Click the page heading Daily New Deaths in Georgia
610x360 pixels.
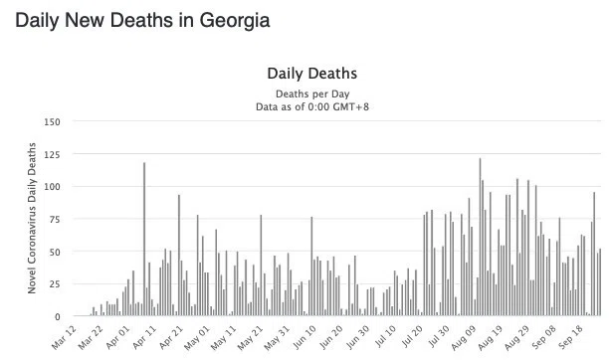(x=142, y=20)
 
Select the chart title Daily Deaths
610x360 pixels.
(x=312, y=74)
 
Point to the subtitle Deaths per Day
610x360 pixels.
(x=312, y=94)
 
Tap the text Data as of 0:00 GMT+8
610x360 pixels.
(x=312, y=106)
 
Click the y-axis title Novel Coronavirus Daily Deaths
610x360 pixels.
(x=32, y=218)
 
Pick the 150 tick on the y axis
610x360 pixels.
(x=52, y=122)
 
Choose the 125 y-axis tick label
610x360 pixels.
(x=52, y=155)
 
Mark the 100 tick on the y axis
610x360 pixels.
(x=52, y=187)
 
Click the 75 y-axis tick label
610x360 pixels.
(x=55, y=220)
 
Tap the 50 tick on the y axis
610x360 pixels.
(x=55, y=252)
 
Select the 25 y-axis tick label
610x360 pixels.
(x=55, y=284)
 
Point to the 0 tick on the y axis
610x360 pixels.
(x=58, y=317)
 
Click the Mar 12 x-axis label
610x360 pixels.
(x=64, y=337)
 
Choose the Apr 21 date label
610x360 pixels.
(x=171, y=337)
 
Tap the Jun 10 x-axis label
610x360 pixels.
(x=304, y=337)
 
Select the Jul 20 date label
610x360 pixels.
(x=411, y=337)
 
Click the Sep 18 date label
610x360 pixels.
(x=570, y=337)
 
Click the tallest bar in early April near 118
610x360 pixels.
(x=144, y=239)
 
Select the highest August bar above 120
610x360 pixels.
(x=480, y=237)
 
